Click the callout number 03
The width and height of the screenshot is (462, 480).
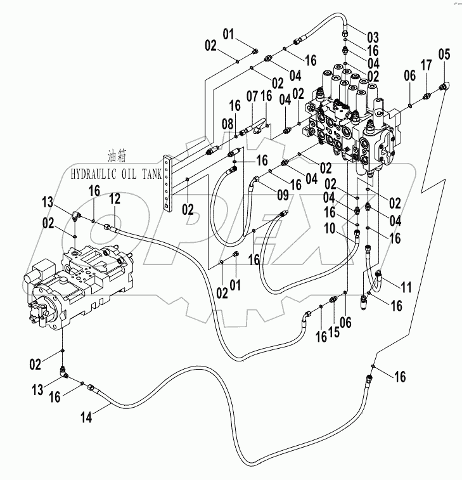click(x=372, y=36)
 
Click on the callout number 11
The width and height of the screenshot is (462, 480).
click(x=406, y=287)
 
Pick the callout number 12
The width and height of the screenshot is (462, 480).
click(x=114, y=199)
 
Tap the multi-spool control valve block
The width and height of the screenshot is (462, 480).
click(x=352, y=120)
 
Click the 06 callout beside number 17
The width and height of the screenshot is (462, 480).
click(x=410, y=75)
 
